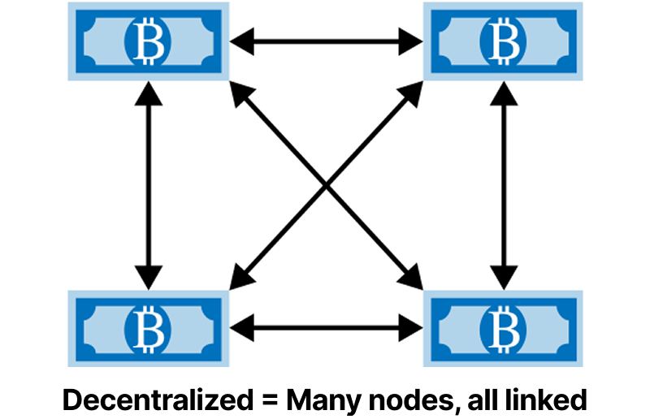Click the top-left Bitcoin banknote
(x=147, y=41)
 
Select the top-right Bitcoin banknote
(x=504, y=41)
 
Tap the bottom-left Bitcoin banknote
(x=147, y=328)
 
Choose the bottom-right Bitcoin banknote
(x=504, y=328)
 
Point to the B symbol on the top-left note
(x=147, y=41)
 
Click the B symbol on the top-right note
(x=504, y=41)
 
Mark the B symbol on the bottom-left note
(x=147, y=328)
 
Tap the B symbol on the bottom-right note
(x=504, y=328)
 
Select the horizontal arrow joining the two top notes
(x=326, y=41)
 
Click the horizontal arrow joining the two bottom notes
(x=326, y=328)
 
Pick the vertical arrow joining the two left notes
(x=148, y=185)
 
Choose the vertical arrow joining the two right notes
(x=505, y=185)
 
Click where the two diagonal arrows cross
(x=327, y=186)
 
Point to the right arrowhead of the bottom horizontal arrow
(x=410, y=328)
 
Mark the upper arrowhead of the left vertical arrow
(x=148, y=94)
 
